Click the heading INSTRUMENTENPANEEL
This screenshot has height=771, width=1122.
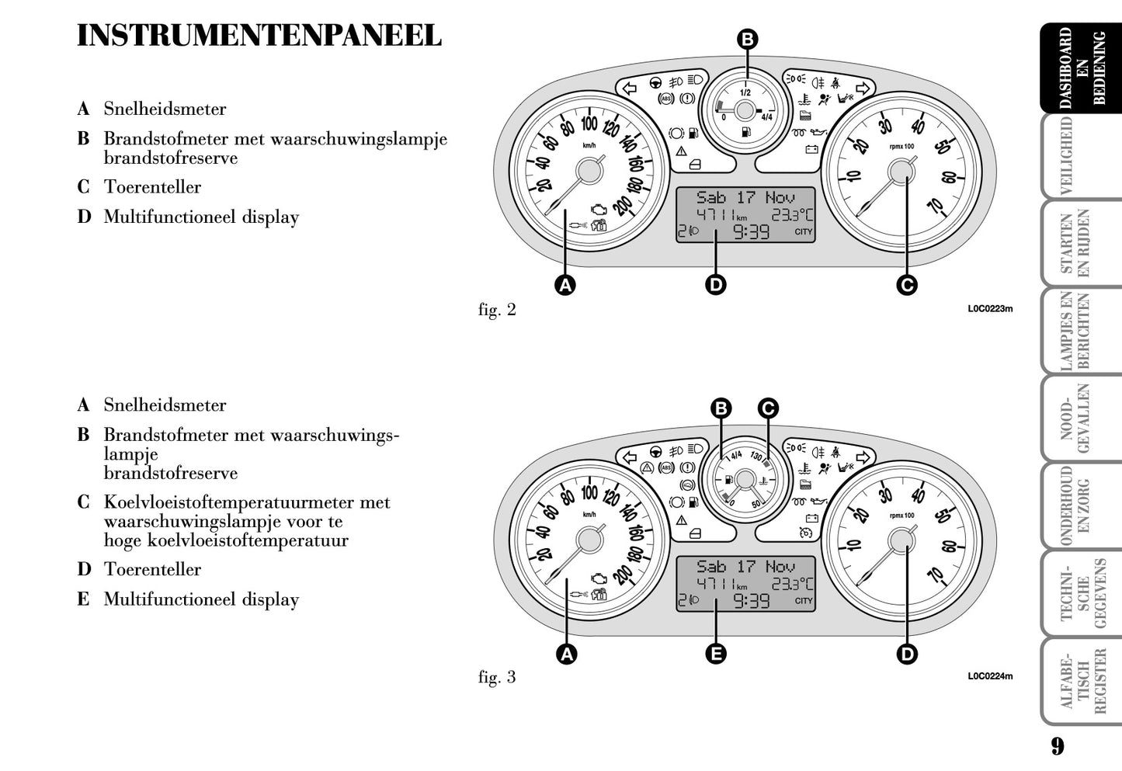coord(259,36)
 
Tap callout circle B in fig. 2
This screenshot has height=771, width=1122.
coord(746,40)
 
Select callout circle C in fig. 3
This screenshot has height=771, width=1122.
coord(767,408)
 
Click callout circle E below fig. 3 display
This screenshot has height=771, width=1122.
coord(716,654)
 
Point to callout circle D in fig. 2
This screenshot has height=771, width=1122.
coord(716,285)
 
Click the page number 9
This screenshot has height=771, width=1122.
coord(1058,747)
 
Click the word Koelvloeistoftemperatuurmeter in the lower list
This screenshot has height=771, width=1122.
coord(247,502)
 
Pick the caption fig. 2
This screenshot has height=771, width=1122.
coord(497,310)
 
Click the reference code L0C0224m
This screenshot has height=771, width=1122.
coord(990,676)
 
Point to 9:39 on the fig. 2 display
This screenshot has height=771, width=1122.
coord(751,231)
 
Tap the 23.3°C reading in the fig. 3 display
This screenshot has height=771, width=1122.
coord(792,584)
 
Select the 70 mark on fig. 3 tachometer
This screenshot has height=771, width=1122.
coord(935,575)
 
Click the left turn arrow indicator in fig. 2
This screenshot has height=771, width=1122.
coord(630,88)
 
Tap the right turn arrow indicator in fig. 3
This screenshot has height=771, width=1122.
coord(860,455)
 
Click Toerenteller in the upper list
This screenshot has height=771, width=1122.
coord(152,187)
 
